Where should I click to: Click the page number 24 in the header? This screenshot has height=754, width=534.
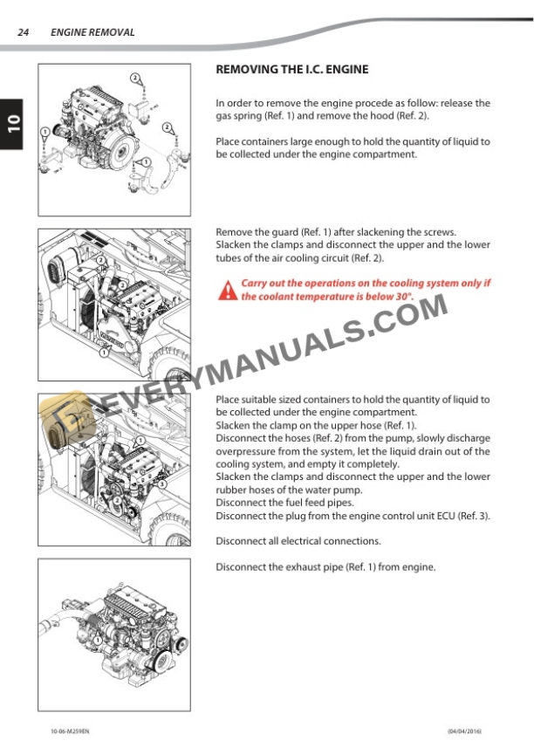pos(24,32)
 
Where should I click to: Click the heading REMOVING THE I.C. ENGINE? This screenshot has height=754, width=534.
pos(291,69)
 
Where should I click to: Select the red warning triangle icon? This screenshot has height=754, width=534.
pos(227,290)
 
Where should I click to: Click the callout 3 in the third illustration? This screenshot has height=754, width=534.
pos(161,483)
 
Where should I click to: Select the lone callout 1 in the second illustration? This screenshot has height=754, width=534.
pos(104,353)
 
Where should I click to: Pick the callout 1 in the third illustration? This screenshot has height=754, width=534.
pos(138,438)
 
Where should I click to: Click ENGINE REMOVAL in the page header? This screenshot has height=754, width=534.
pos(92,32)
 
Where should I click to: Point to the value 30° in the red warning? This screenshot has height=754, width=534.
pos(401,297)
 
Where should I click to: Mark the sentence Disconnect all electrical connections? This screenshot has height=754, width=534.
pos(298,541)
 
